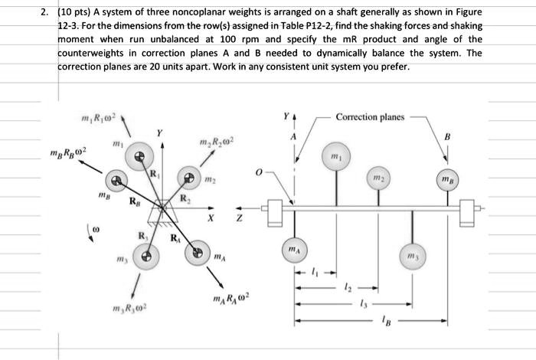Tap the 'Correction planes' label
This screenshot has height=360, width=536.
click(370, 117)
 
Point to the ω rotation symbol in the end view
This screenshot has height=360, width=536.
click(94, 229)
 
